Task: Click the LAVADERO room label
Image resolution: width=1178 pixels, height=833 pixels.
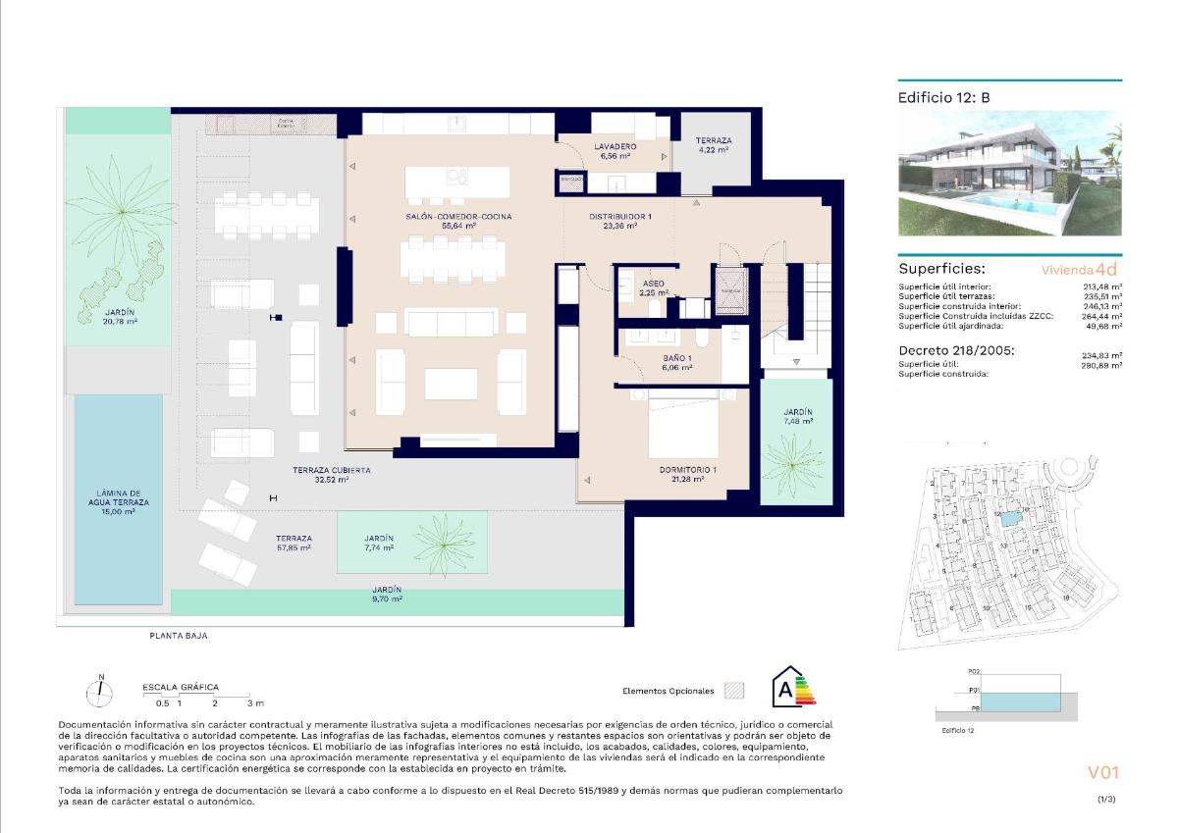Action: pyautogui.click(x=616, y=146)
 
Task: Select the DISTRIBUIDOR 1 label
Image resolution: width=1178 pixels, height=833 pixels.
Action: pyautogui.click(x=620, y=216)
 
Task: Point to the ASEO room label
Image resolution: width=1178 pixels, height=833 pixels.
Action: pyautogui.click(x=654, y=283)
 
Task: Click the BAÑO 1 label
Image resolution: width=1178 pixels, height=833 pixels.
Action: pyautogui.click(x=677, y=358)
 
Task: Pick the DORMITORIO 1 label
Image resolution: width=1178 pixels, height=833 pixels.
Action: pyautogui.click(x=687, y=470)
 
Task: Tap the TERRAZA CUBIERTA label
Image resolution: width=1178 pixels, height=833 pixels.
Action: pyautogui.click(x=332, y=470)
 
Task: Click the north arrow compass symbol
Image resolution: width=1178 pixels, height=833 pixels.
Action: pyautogui.click(x=99, y=693)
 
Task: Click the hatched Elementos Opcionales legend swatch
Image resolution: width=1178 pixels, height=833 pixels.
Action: pyautogui.click(x=733, y=691)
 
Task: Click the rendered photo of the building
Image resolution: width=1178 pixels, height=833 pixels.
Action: pyautogui.click(x=1009, y=173)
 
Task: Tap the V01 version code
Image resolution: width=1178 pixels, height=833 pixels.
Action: pyautogui.click(x=1103, y=773)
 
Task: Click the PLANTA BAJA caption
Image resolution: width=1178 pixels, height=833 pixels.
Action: pyautogui.click(x=178, y=636)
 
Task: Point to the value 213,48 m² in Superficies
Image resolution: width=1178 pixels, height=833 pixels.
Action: pyautogui.click(x=1101, y=287)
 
